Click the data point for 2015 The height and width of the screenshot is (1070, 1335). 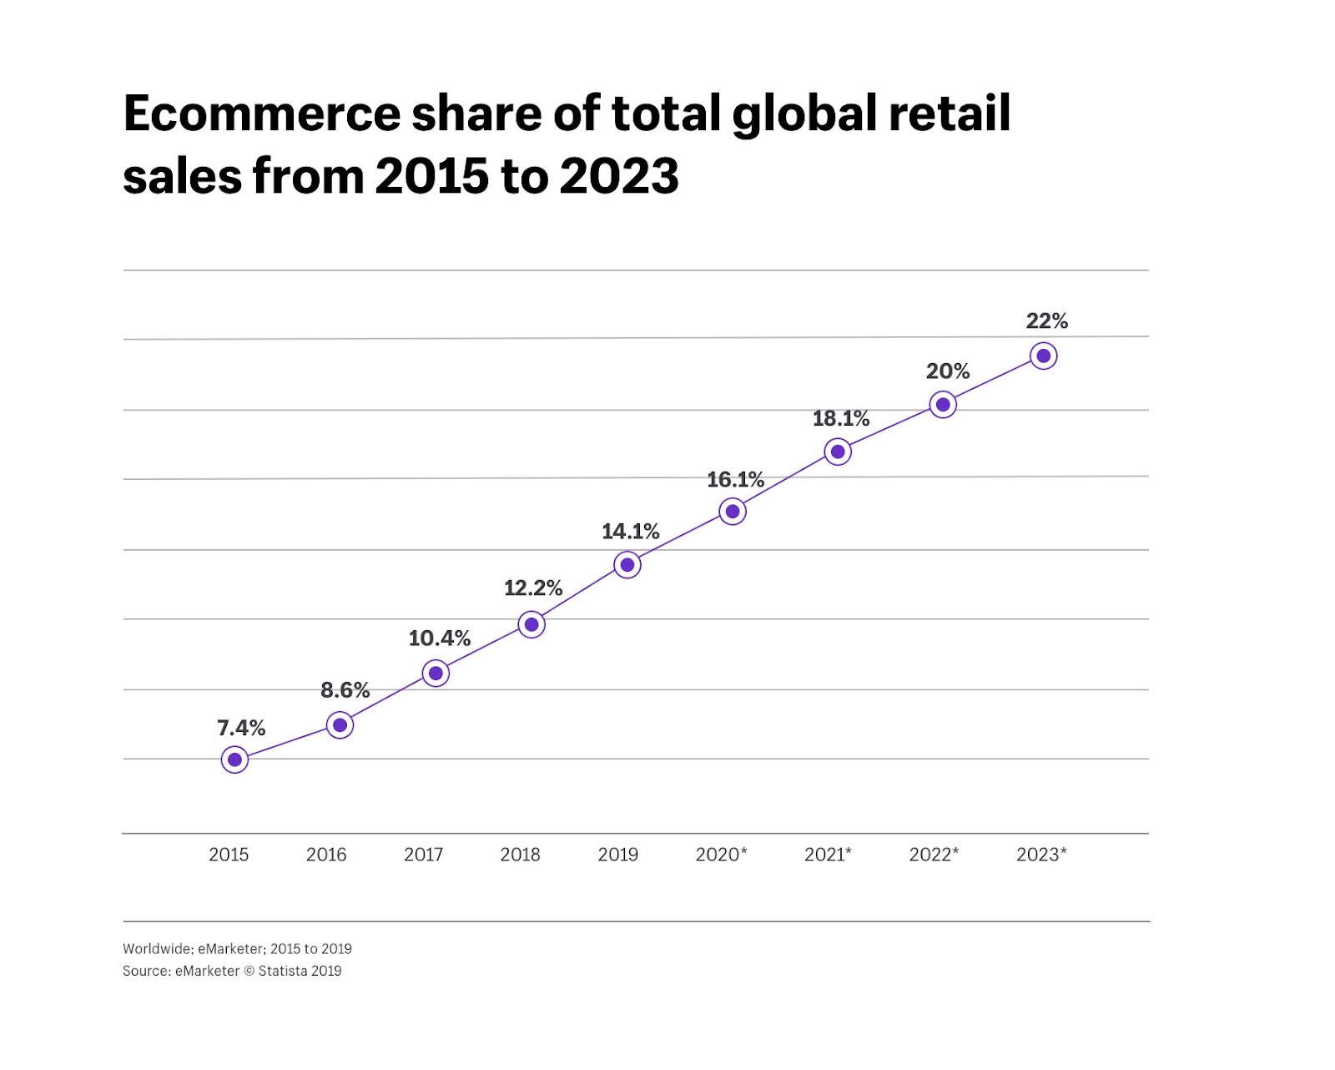235,760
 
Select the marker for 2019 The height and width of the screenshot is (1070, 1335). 627,565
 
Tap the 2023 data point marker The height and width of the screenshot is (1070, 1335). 1043,356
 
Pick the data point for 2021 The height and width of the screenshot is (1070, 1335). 838,452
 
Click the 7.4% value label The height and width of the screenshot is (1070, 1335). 241,728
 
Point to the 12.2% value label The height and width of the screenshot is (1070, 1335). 533,588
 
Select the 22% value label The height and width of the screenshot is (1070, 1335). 1046,320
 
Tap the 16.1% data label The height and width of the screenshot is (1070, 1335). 735,479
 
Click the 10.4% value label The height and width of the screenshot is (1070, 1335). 439,638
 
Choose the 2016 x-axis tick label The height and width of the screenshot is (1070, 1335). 326,854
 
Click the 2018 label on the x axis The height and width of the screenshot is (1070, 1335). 520,854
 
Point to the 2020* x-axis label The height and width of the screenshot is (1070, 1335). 721,854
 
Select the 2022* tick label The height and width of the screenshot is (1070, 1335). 934,854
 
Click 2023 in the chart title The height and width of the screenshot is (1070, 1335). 619,176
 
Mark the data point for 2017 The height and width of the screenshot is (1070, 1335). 436,674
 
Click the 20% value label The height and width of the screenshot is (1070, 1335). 947,371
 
